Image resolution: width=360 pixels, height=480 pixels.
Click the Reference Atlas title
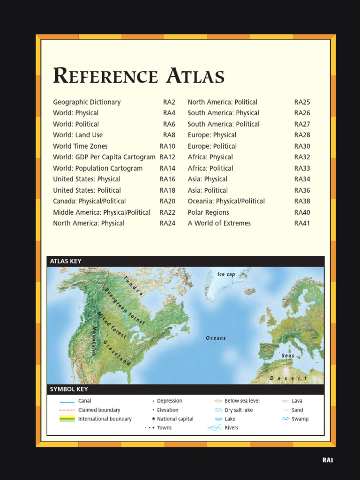[139, 76]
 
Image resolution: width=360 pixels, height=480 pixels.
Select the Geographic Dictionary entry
[87, 102]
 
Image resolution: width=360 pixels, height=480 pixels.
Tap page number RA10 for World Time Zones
[167, 146]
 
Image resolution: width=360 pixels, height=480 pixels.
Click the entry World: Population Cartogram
[97, 168]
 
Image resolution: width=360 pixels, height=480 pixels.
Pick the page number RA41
[302, 223]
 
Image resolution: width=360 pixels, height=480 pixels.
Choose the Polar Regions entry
[208, 212]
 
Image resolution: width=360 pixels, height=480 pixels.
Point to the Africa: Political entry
[210, 168]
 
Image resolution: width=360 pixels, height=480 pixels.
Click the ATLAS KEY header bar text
[66, 261]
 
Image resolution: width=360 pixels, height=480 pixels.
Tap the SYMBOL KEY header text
[69, 389]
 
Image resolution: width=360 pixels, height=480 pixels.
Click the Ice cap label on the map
[226, 274]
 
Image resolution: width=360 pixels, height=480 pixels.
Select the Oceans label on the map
[216, 338]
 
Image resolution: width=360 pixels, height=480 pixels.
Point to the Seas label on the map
[288, 356]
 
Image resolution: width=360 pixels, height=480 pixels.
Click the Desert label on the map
[288, 378]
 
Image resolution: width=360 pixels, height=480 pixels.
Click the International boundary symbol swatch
[67, 419]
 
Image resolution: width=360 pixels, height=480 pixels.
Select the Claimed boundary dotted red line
[67, 410]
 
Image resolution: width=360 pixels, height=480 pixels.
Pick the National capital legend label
[175, 419]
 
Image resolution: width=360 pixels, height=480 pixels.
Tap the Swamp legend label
[300, 419]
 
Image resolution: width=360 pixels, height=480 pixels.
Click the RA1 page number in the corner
[327, 460]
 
